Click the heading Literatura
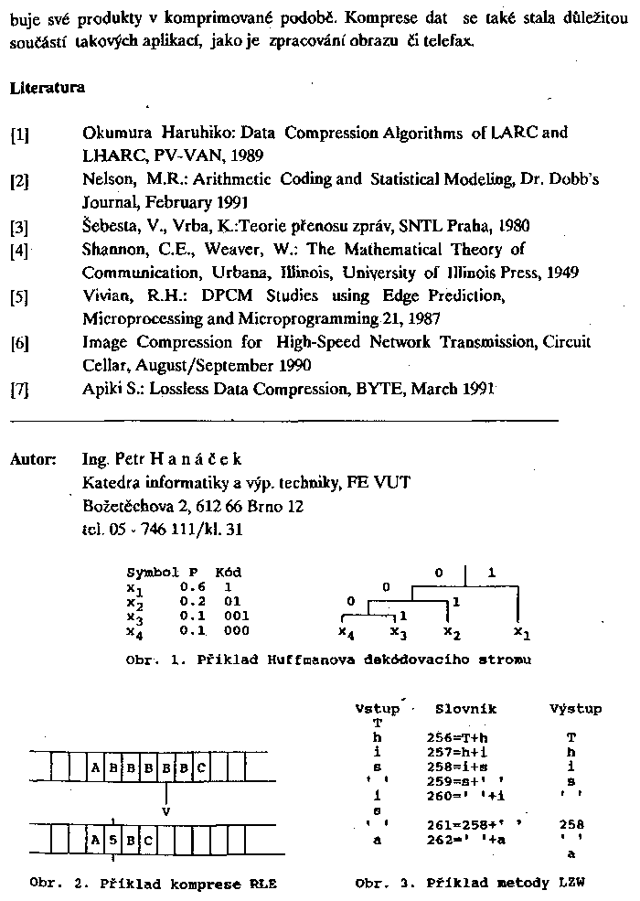click(x=48, y=89)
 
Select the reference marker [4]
click(x=20, y=250)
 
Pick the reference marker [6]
click(x=20, y=344)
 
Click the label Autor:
click(x=34, y=458)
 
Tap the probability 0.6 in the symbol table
click(x=190, y=585)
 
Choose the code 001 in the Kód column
click(x=236, y=616)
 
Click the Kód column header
click(x=228, y=572)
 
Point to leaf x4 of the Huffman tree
click(x=345, y=631)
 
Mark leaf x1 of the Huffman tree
click(x=519, y=631)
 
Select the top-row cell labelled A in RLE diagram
click(x=95, y=768)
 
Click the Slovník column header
click(x=465, y=708)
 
